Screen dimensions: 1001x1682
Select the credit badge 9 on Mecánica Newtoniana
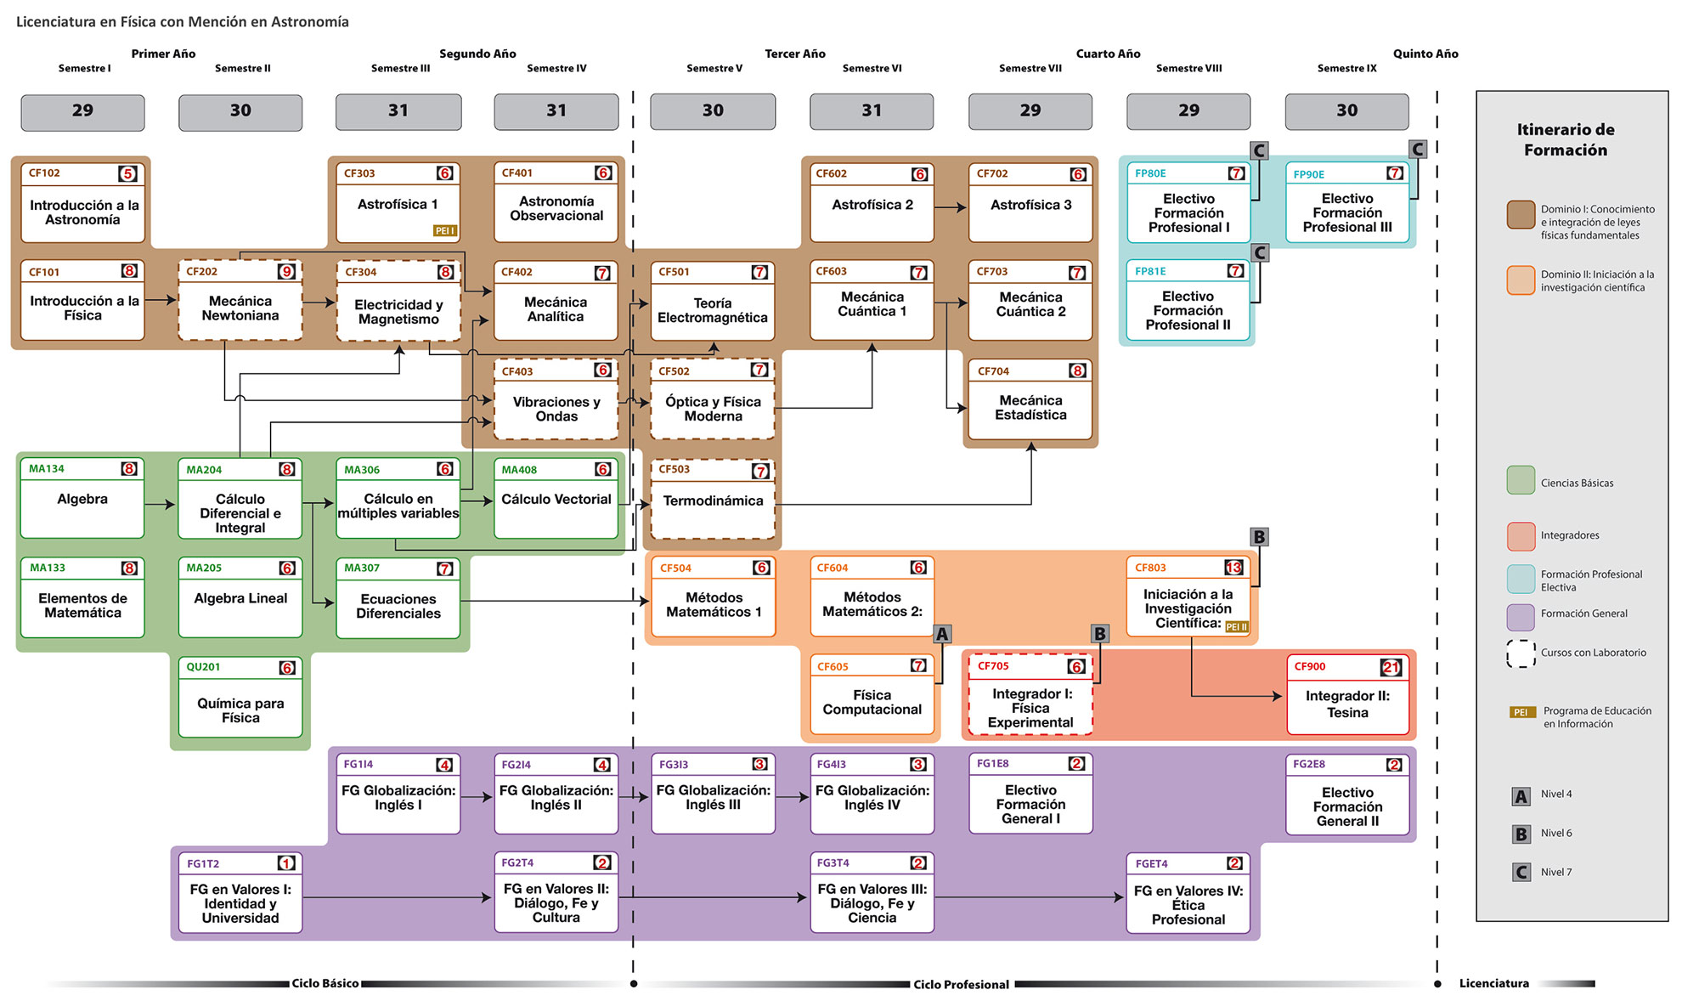coord(287,272)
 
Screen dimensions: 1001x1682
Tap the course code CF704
coord(993,371)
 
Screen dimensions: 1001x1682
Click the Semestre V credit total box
coord(713,111)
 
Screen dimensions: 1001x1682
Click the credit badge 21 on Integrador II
coord(1391,667)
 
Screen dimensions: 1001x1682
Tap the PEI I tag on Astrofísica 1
coord(444,230)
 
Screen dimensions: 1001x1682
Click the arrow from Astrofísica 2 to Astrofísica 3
coord(951,206)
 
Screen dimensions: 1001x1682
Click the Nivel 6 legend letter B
coord(1521,834)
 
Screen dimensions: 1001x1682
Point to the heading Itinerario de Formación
coord(1565,140)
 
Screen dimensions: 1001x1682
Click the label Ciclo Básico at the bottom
coord(325,983)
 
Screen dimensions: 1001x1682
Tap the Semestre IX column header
coord(1346,68)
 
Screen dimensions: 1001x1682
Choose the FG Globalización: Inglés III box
coord(713,794)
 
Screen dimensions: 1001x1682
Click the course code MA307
coord(362,568)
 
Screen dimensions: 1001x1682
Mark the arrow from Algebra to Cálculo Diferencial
coord(160,505)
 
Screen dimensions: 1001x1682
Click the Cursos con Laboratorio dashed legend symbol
coord(1521,653)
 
